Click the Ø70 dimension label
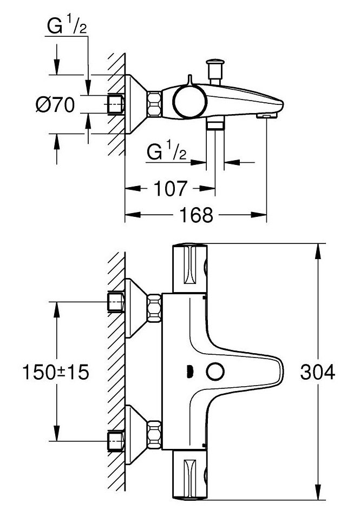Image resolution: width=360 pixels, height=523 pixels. pyautogui.click(x=55, y=104)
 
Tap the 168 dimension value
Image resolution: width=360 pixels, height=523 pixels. pyautogui.click(x=196, y=215)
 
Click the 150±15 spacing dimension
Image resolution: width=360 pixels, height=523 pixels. pyautogui.click(x=56, y=372)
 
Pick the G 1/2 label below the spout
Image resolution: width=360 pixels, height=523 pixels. pyautogui.click(x=167, y=154)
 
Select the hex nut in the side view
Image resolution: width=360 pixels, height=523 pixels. pyautogui.click(x=155, y=103)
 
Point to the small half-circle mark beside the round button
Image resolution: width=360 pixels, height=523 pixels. pyautogui.click(x=189, y=372)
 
